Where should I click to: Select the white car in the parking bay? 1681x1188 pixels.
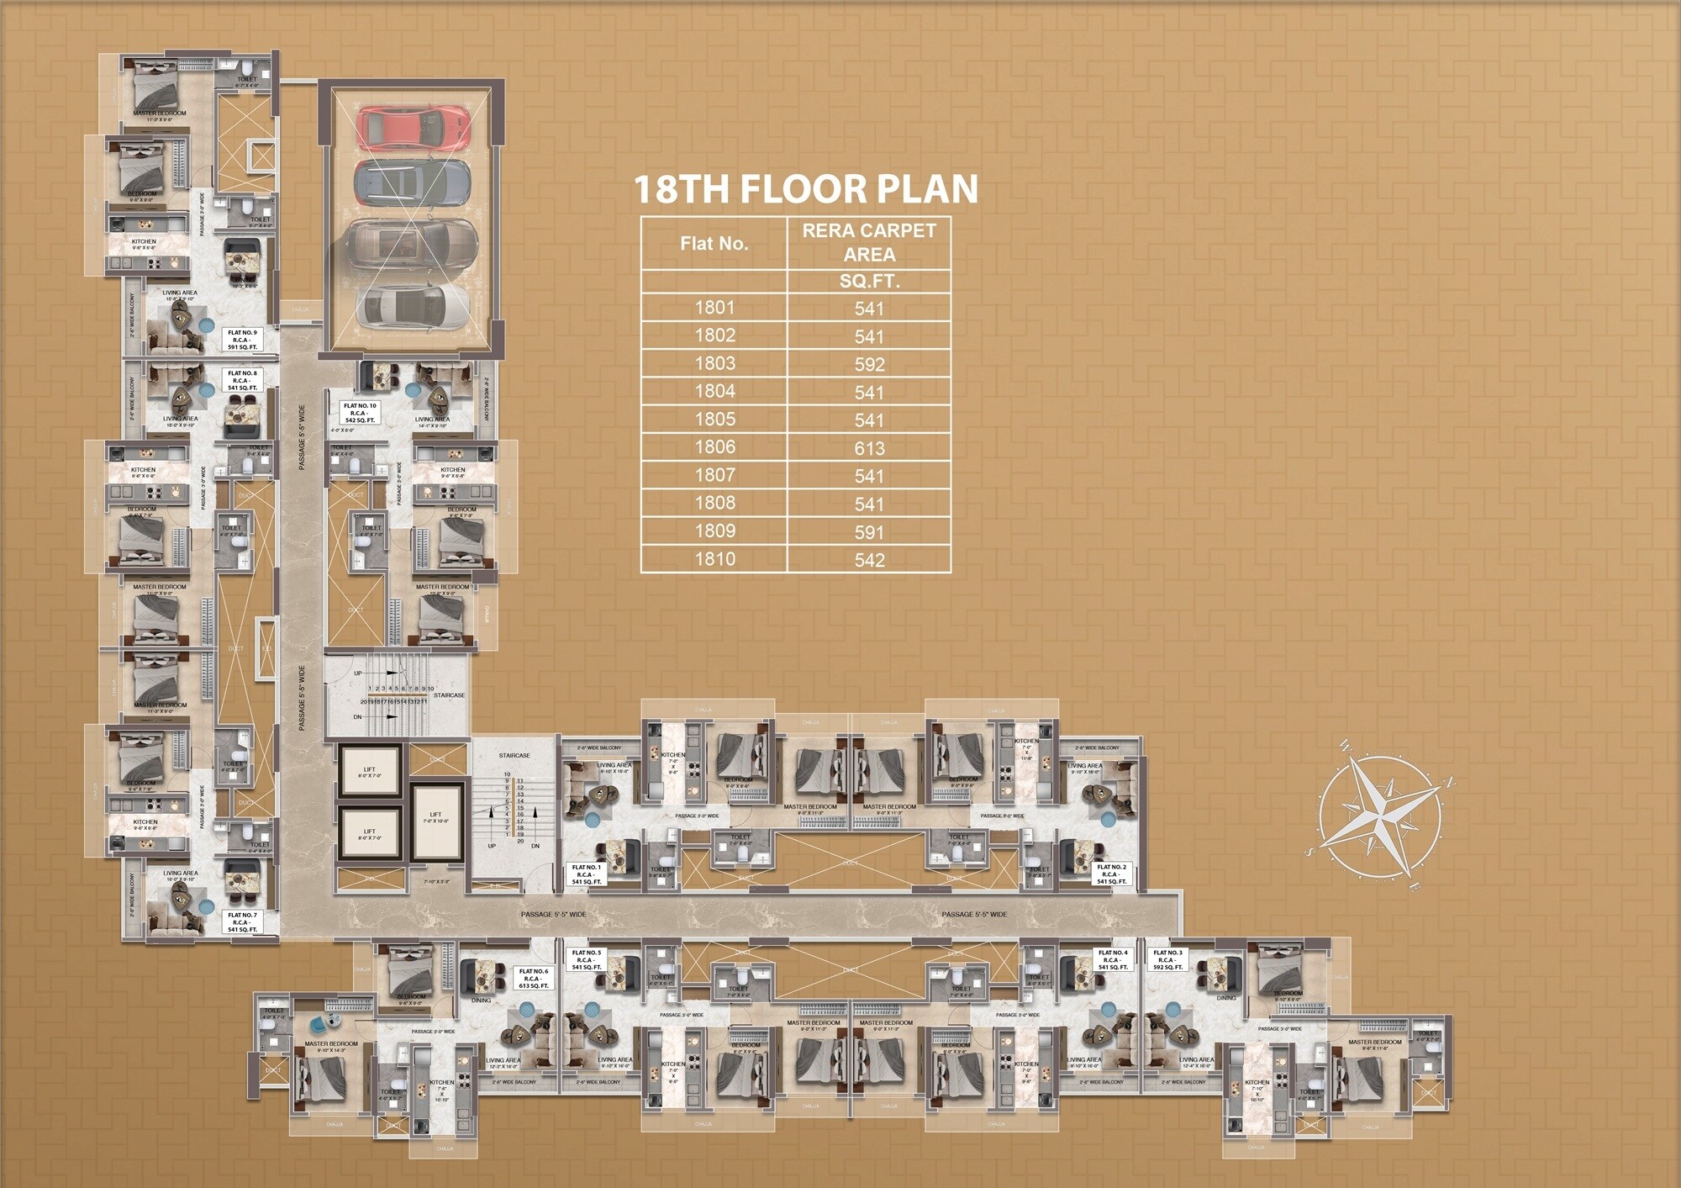pyautogui.click(x=411, y=306)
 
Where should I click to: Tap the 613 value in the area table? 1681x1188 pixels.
pyautogui.click(x=869, y=448)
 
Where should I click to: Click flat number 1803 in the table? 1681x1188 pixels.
pyautogui.click(x=714, y=363)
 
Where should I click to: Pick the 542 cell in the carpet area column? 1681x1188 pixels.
pyautogui.click(x=869, y=560)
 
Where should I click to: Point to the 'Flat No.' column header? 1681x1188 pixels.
pyautogui.click(x=714, y=244)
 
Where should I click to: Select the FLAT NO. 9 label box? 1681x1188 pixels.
pyautogui.click(x=243, y=340)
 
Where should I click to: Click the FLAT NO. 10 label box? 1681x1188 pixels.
pyautogui.click(x=360, y=413)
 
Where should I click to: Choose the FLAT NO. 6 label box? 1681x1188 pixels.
pyautogui.click(x=534, y=979)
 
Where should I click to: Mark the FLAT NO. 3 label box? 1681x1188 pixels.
pyautogui.click(x=1167, y=960)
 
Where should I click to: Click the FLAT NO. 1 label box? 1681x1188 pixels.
pyautogui.click(x=587, y=874)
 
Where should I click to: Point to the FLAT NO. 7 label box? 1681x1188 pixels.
pyautogui.click(x=243, y=922)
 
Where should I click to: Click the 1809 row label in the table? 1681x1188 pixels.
pyautogui.click(x=714, y=531)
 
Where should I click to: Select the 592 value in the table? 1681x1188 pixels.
pyautogui.click(x=869, y=365)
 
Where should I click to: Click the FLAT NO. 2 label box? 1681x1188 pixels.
pyautogui.click(x=1111, y=874)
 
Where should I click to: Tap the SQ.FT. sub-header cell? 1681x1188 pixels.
pyautogui.click(x=869, y=282)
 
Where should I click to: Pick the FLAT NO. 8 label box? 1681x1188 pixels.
pyautogui.click(x=243, y=380)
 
